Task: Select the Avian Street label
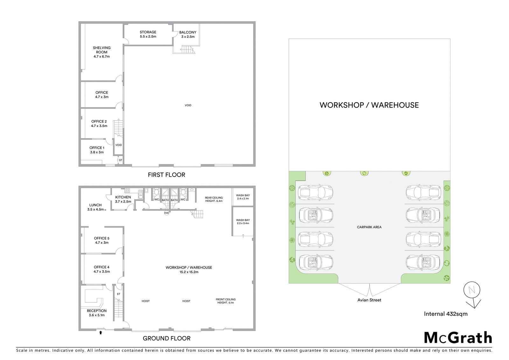point(369,300)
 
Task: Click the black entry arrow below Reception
point(101,333)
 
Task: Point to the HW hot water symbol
point(167,213)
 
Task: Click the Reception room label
point(97,313)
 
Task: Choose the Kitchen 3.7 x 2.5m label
point(123,199)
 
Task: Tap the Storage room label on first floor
point(148,34)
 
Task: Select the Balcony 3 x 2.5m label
point(188,34)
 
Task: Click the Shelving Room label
point(101,52)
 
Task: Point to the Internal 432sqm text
point(446,314)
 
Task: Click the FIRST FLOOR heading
point(167,175)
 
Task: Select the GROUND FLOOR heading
point(167,338)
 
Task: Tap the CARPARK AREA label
point(369,227)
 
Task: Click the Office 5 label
point(101,240)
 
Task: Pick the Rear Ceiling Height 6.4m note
point(214,199)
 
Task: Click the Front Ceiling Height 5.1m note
point(226,301)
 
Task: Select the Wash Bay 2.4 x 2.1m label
point(243,197)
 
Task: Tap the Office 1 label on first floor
point(97,150)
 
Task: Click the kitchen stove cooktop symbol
point(127,190)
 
